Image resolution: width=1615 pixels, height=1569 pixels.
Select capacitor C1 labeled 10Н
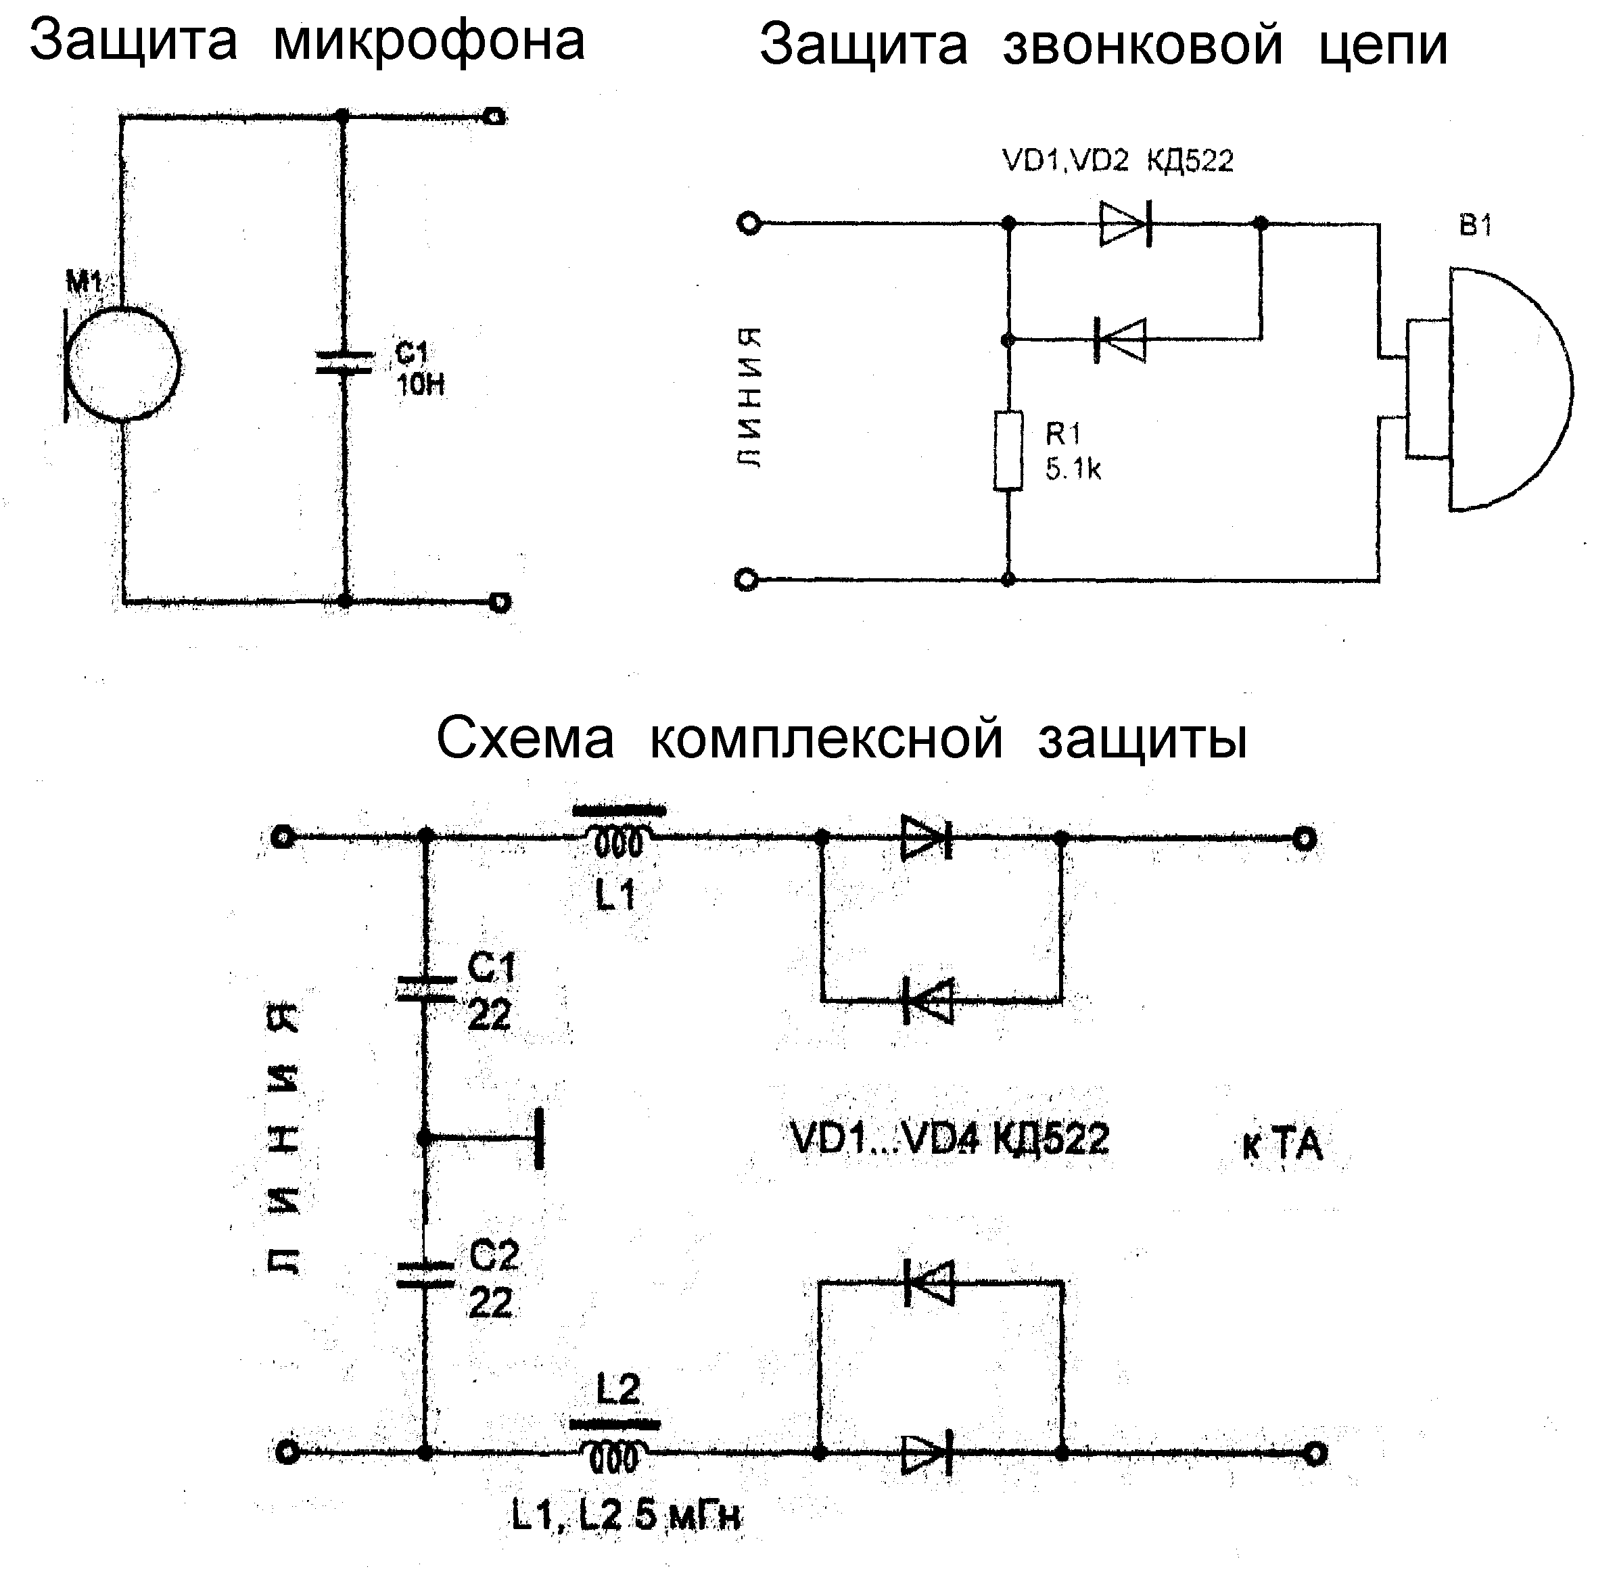pyautogui.click(x=344, y=363)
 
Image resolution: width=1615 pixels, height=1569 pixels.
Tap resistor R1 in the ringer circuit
pyautogui.click(x=1008, y=452)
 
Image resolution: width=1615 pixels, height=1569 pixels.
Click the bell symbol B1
pyautogui.click(x=1491, y=389)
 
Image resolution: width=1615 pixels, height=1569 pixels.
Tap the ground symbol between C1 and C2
pyautogui.click(x=538, y=1139)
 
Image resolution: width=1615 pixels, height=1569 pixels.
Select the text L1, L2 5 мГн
pyautogui.click(x=626, y=1516)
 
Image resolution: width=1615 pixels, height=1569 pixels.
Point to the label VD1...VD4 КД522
pyautogui.click(x=950, y=1139)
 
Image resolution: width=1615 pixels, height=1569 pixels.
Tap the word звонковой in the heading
pyautogui.click(x=1143, y=45)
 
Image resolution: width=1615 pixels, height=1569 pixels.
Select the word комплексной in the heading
pyautogui.click(x=826, y=738)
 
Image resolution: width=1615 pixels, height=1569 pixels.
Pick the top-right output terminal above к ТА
pyautogui.click(x=1303, y=839)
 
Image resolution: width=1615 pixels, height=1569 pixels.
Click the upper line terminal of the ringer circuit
pyautogui.click(x=749, y=223)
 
